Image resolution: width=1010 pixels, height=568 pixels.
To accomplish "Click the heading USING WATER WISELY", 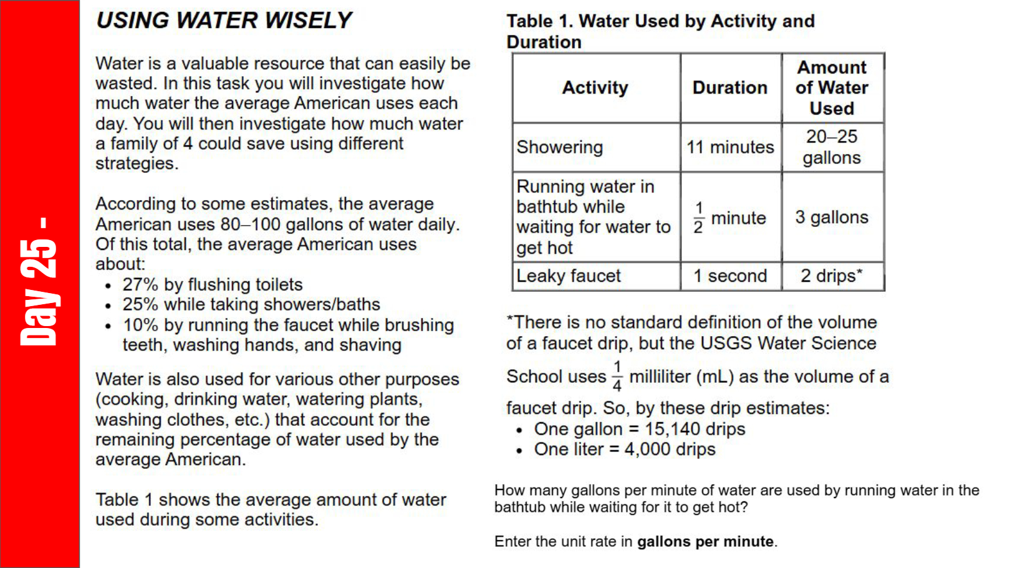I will tap(224, 21).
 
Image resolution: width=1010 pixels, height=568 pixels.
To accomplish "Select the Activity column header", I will tap(595, 88).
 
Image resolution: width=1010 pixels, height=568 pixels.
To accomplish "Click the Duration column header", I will tap(729, 88).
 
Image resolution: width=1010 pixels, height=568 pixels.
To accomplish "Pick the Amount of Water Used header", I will tap(832, 88).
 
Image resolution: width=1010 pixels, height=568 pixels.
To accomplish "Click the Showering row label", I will tap(559, 147).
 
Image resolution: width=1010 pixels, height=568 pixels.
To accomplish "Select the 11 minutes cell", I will tap(729, 147).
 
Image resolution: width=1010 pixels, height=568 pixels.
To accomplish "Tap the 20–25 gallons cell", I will tap(832, 147).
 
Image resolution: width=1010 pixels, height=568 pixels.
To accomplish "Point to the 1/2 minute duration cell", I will tap(729, 218).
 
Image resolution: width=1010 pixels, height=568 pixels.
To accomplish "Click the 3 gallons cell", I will tap(832, 217).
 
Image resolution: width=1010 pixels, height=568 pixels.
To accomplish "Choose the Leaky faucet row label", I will tap(568, 276).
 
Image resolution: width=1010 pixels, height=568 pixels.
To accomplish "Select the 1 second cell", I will tap(729, 276).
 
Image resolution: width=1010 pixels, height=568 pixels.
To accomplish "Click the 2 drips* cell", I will tap(832, 276).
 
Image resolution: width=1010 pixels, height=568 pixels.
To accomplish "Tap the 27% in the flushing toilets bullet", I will tap(140, 285).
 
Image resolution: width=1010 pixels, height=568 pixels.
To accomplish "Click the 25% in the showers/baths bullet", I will tap(140, 305).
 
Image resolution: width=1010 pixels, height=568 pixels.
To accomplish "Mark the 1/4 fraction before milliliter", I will tap(617, 376).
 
